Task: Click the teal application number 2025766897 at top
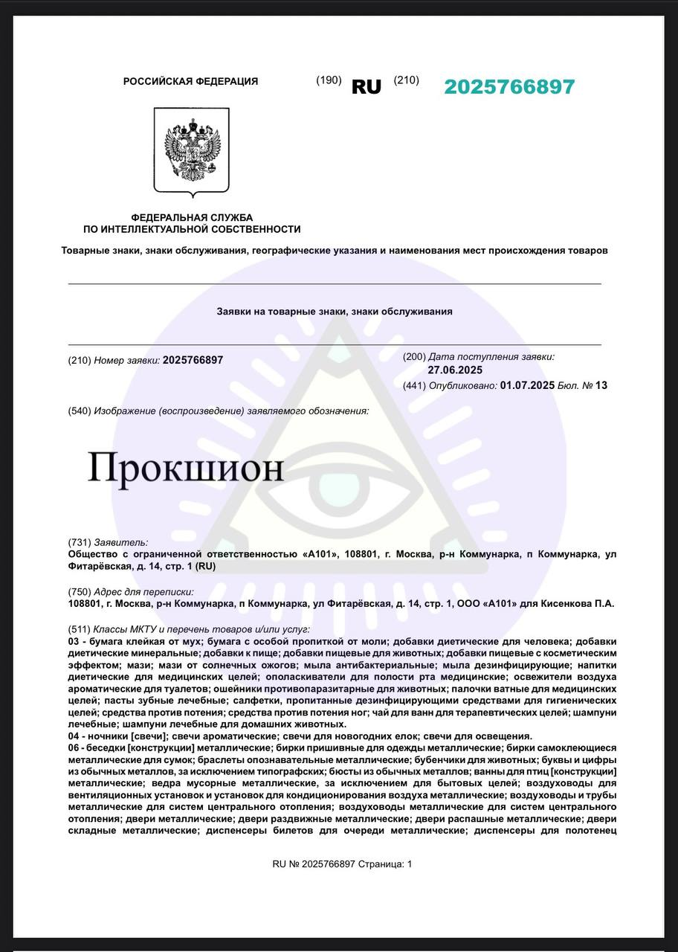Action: tap(509, 87)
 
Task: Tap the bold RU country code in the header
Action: tap(366, 87)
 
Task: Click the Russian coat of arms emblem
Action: tap(192, 151)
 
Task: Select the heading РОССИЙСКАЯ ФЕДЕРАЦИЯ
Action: tap(191, 82)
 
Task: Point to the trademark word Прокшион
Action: tap(186, 468)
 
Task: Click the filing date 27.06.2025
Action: tap(455, 370)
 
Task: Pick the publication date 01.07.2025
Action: tap(527, 385)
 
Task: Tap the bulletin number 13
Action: tap(601, 385)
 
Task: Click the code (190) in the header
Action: tap(329, 80)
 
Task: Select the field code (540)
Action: tap(79, 411)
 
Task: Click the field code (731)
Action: tap(79, 543)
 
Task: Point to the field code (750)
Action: tap(79, 592)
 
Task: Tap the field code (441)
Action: tap(414, 385)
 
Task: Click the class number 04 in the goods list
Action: tap(73, 736)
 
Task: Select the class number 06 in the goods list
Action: tap(73, 747)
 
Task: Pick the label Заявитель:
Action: tap(121, 543)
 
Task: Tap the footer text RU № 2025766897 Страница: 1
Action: tap(342, 863)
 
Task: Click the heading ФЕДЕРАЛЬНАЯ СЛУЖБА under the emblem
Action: tap(192, 218)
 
